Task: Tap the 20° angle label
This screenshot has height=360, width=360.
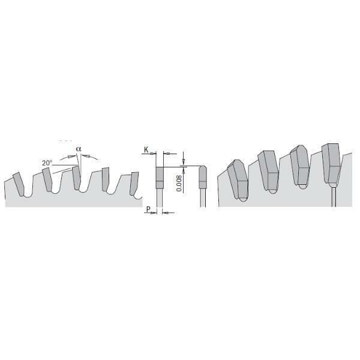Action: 47,163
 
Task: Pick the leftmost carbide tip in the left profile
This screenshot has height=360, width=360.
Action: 20,183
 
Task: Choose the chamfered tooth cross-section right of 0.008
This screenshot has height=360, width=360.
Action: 203,176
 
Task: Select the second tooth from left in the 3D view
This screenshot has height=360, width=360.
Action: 268,171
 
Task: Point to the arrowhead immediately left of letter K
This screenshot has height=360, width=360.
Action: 152,153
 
